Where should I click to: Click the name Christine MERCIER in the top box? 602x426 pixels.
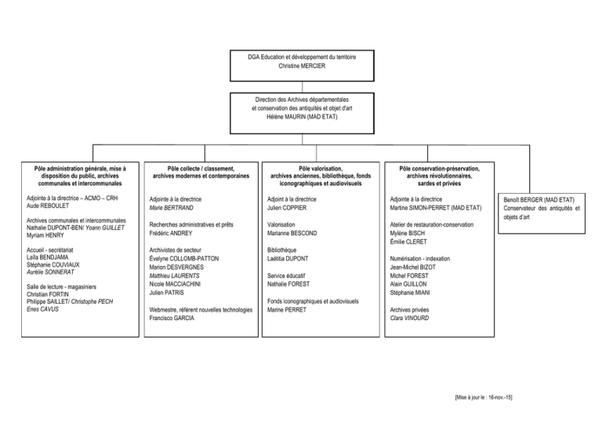[302, 66]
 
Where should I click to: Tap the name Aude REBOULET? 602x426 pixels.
[48, 206]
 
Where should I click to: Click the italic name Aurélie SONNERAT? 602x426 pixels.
[50, 272]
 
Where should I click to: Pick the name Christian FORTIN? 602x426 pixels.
[48, 294]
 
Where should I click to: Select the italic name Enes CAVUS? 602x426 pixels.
[42, 309]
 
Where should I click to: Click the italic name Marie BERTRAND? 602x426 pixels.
[171, 208]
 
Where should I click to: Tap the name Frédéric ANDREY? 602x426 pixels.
[170, 233]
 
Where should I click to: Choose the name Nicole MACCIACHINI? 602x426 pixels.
[175, 284]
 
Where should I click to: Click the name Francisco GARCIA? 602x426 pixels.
[172, 318]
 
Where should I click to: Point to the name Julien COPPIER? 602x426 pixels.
[287, 208]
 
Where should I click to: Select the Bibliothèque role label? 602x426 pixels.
[282, 250]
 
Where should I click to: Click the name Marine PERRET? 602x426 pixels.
[287, 310]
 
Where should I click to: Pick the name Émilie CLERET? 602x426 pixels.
[408, 242]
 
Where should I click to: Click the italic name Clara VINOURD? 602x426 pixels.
[409, 318]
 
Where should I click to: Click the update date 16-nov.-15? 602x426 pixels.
[500, 398]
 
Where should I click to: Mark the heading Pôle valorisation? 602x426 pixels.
[321, 169]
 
